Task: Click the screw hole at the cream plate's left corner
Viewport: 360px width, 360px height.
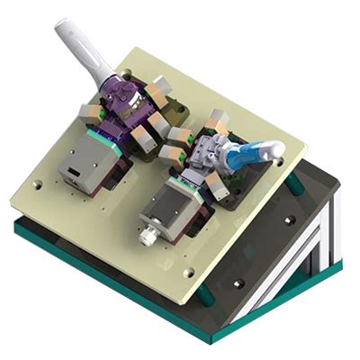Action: click(x=36, y=185)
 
